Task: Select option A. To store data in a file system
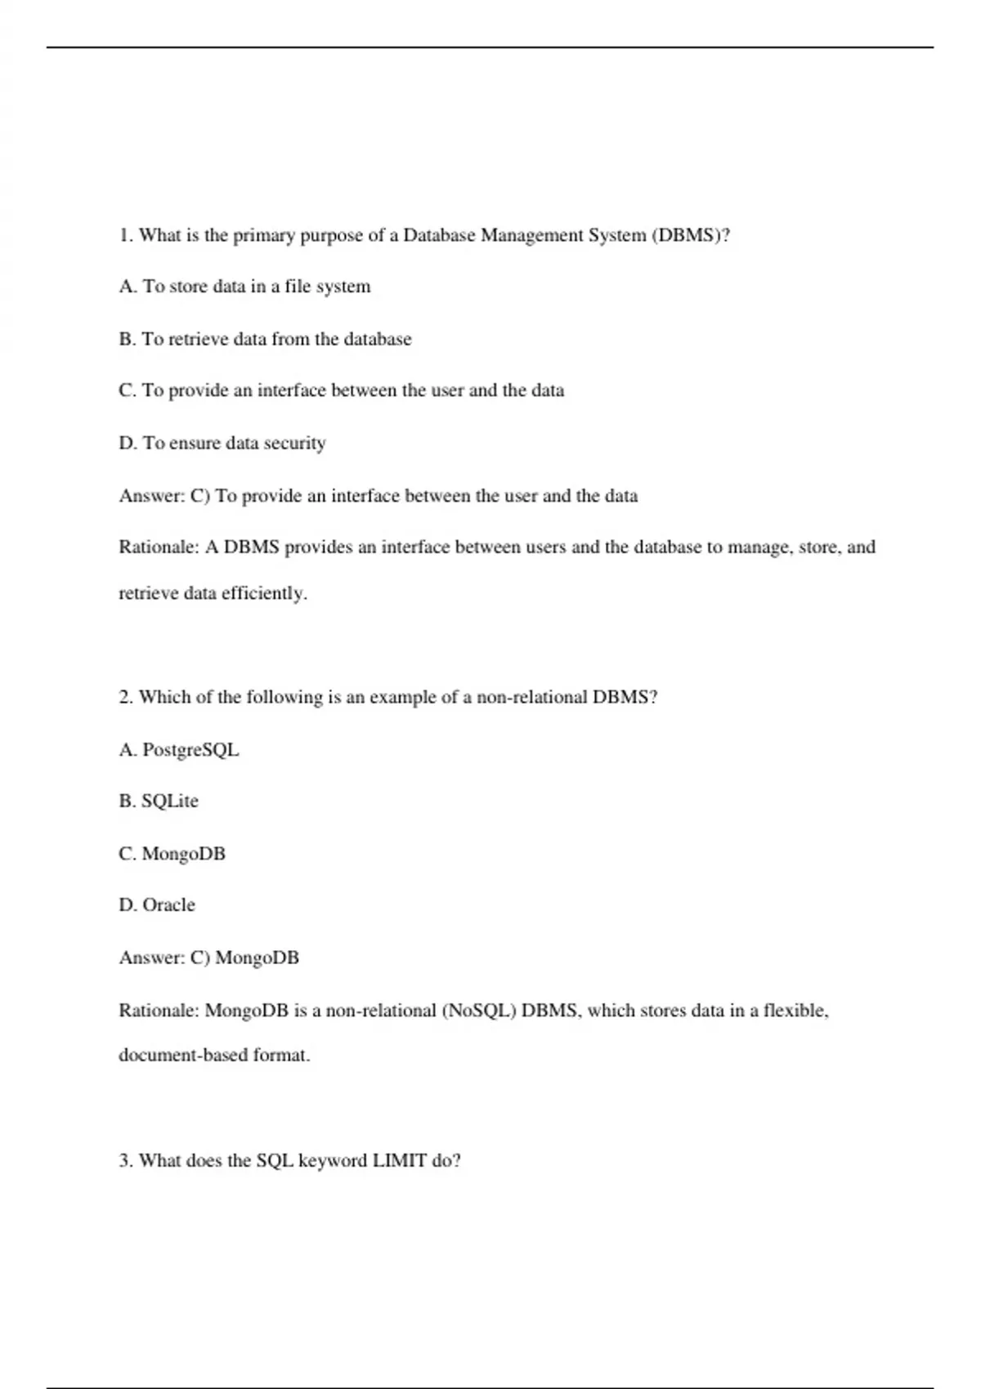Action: (244, 287)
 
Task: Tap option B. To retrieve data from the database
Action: (265, 339)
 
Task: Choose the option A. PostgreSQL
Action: (179, 749)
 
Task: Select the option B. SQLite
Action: (159, 801)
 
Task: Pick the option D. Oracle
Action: (157, 904)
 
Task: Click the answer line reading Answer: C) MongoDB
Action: (209, 958)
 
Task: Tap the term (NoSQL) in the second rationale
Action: (479, 1011)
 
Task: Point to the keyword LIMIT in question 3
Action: (399, 1160)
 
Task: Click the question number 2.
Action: (126, 697)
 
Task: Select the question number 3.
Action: (126, 1160)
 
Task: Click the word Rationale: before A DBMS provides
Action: (159, 547)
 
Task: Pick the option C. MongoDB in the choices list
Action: (172, 853)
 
